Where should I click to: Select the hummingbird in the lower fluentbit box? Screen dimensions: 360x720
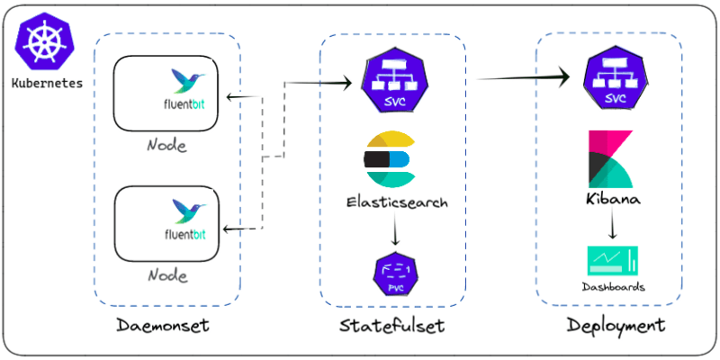coord(188,211)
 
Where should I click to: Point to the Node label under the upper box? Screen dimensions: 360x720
coord(167,145)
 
